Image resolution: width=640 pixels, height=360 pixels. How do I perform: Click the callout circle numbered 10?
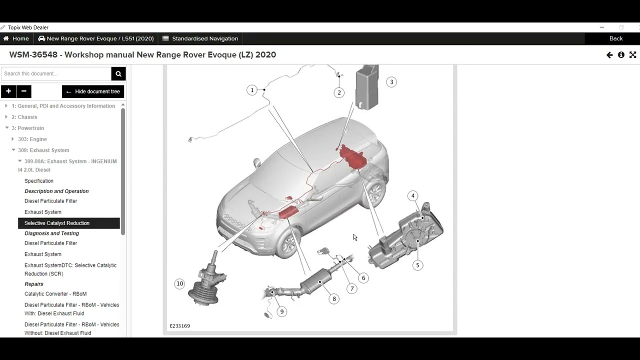[179, 283]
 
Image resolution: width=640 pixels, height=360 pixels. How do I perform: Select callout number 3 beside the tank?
[391, 82]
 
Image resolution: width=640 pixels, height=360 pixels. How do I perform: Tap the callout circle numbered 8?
[334, 299]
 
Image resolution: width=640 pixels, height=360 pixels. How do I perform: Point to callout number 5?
[417, 265]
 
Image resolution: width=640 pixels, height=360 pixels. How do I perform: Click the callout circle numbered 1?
[252, 90]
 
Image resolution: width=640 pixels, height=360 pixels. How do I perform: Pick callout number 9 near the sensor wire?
[281, 311]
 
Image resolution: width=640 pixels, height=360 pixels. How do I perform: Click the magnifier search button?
[118, 73]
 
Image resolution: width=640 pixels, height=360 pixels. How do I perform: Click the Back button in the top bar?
[615, 38]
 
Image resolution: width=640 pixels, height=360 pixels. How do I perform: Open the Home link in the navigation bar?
[16, 38]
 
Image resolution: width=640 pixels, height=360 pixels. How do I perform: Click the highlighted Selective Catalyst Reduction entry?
[57, 223]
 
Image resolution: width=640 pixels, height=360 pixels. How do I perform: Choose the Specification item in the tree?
[39, 181]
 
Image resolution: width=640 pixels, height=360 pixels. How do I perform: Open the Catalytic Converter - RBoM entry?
[55, 294]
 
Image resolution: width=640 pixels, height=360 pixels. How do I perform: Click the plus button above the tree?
[8, 91]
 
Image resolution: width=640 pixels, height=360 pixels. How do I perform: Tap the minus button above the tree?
[23, 91]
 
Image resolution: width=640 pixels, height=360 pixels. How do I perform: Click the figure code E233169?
[180, 326]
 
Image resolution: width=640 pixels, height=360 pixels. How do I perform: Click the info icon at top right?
[621, 55]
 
